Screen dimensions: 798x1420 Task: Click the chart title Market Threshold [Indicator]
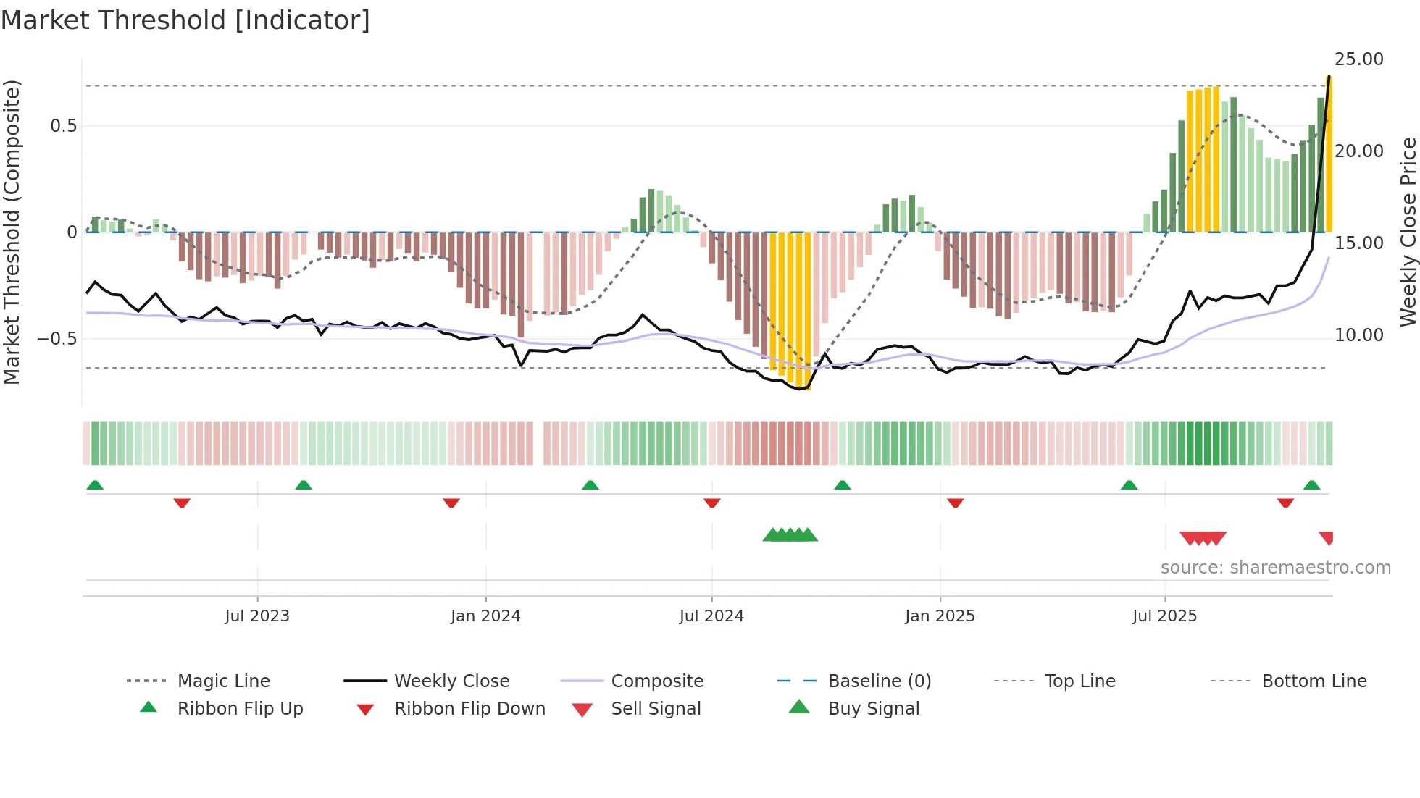pyautogui.click(x=185, y=20)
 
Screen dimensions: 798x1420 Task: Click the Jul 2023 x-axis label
pyautogui.click(x=256, y=616)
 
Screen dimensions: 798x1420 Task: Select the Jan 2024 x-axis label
pyautogui.click(x=485, y=616)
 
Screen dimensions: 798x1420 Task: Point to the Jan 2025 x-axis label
pyautogui.click(x=940, y=616)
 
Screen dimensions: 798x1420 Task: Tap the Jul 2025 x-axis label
pyautogui.click(x=1164, y=616)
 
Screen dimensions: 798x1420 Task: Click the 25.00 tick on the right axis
pyautogui.click(x=1358, y=59)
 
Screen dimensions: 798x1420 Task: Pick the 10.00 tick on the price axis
pyautogui.click(x=1358, y=335)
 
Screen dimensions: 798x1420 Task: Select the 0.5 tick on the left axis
pyautogui.click(x=63, y=126)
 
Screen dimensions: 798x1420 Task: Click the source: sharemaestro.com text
pyautogui.click(x=1275, y=568)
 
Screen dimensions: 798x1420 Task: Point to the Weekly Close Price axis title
pyautogui.click(x=1408, y=232)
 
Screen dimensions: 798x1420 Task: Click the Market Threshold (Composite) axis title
pyautogui.click(x=12, y=232)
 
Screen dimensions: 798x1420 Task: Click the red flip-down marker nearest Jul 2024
pyautogui.click(x=711, y=503)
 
